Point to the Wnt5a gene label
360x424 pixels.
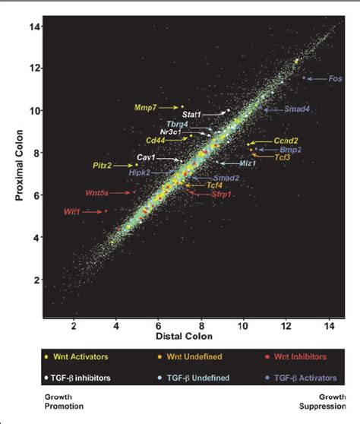point(76,194)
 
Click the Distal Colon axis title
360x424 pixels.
point(189,338)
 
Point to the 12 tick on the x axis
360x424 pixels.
point(286,325)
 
